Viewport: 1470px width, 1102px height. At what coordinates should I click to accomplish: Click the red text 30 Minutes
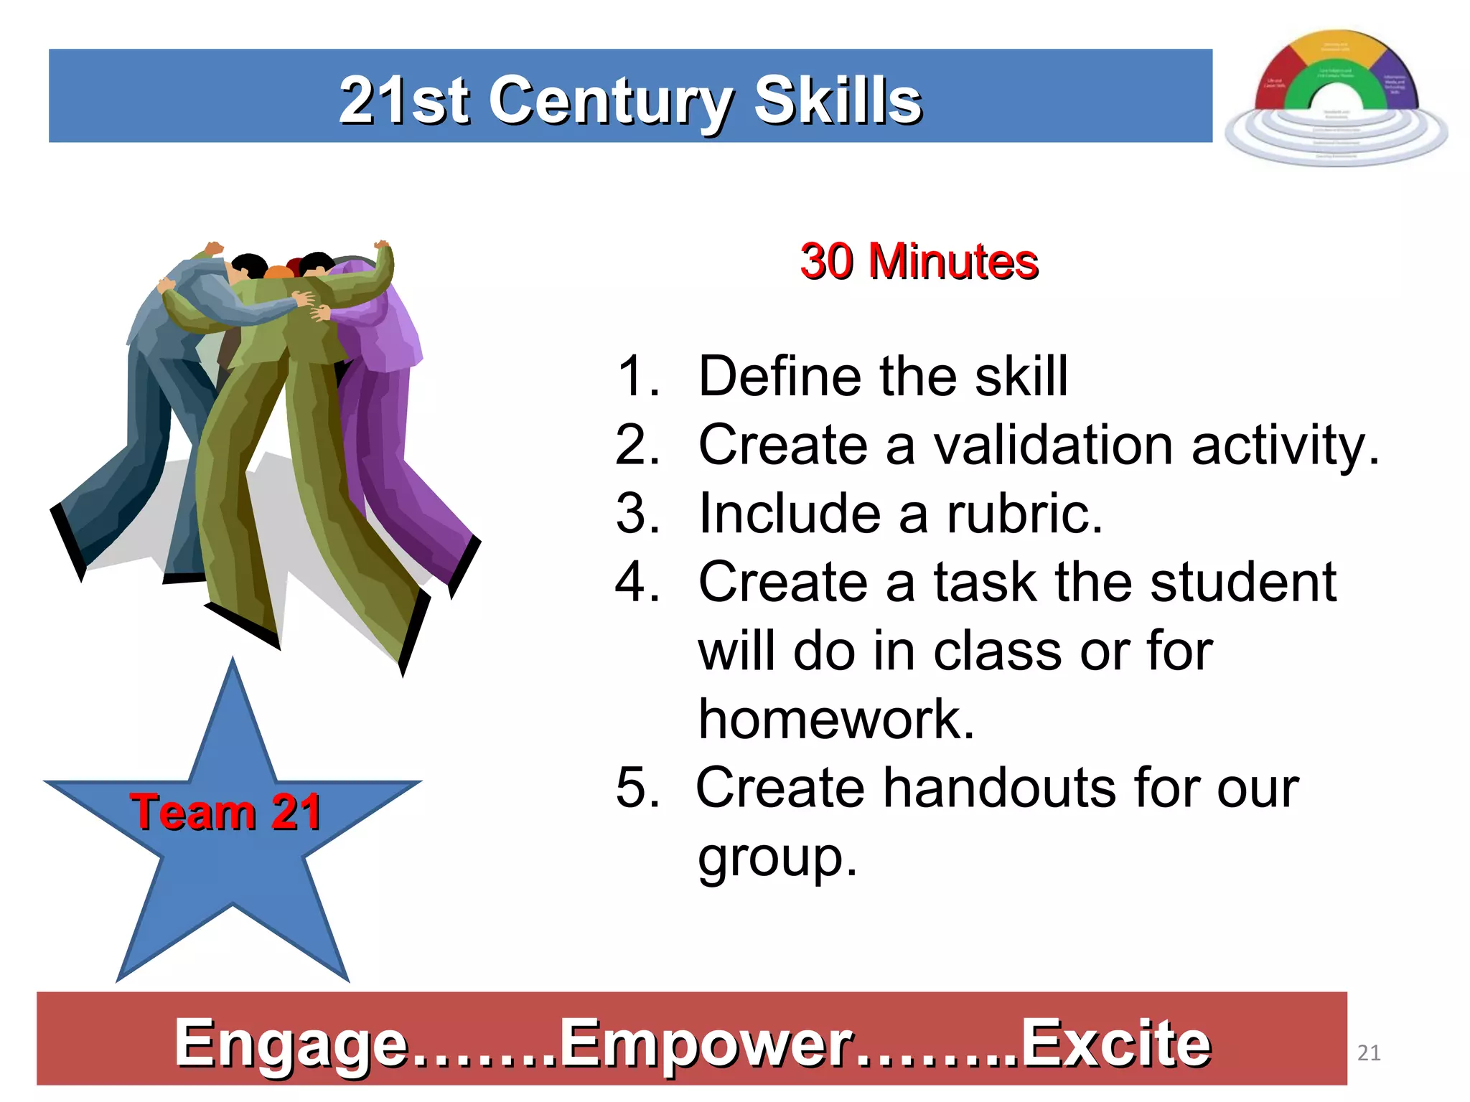point(919,261)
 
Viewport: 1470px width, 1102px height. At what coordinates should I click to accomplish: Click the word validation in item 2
point(1053,445)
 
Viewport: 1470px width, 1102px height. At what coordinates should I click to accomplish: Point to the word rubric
point(1024,514)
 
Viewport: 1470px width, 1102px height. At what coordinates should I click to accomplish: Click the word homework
point(836,719)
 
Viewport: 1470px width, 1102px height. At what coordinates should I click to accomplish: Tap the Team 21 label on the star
point(225,812)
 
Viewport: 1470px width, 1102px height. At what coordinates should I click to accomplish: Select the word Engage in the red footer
point(291,1044)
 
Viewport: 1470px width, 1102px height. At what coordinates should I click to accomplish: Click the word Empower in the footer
point(706,1044)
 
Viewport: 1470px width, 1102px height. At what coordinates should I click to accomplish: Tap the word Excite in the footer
point(1115,1044)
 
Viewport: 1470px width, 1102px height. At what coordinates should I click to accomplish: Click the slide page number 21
point(1369,1052)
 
